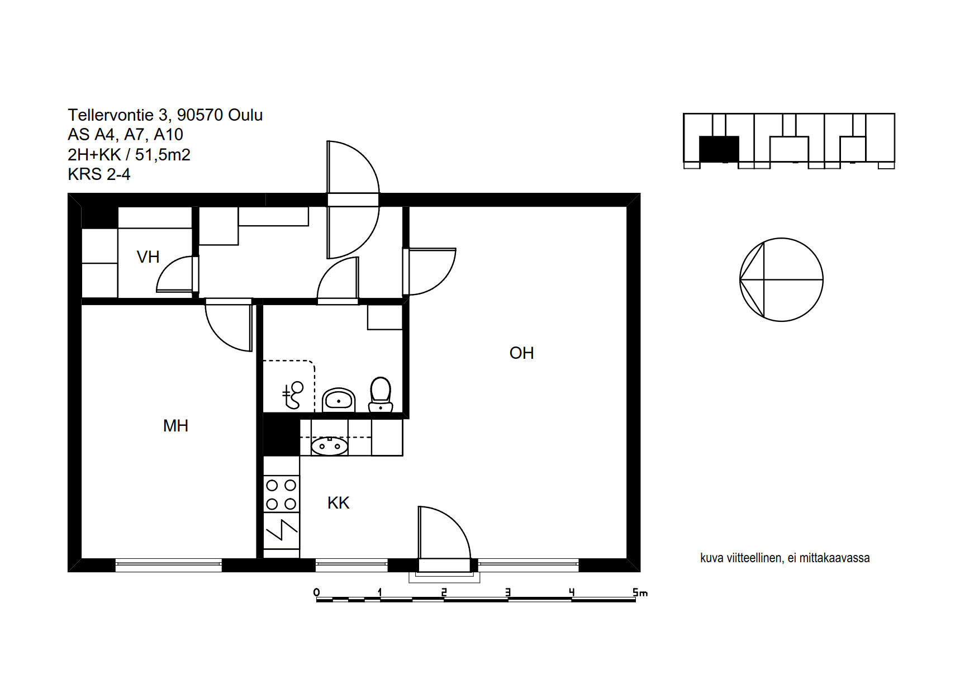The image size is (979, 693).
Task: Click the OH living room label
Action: pos(521,353)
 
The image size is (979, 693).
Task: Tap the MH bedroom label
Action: pos(175,426)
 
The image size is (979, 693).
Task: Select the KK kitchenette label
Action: pos(338,503)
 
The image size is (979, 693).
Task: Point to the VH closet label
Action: pos(148,257)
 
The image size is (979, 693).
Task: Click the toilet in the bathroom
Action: pos(381,395)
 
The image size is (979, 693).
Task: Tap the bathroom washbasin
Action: pos(339,400)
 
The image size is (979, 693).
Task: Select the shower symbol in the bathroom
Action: pos(293,395)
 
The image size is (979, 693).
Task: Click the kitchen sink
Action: pos(330,446)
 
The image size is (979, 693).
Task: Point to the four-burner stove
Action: pos(281,494)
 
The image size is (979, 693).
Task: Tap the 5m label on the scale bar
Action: pos(640,592)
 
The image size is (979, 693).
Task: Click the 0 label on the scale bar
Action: pos(317,592)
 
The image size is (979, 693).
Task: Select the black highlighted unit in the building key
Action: pos(719,149)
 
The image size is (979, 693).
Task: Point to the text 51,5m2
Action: pos(163,155)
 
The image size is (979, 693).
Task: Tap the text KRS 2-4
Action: pos(99,174)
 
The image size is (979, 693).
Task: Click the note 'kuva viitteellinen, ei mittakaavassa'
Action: pos(785,558)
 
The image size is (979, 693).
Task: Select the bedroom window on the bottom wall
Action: pos(169,565)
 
